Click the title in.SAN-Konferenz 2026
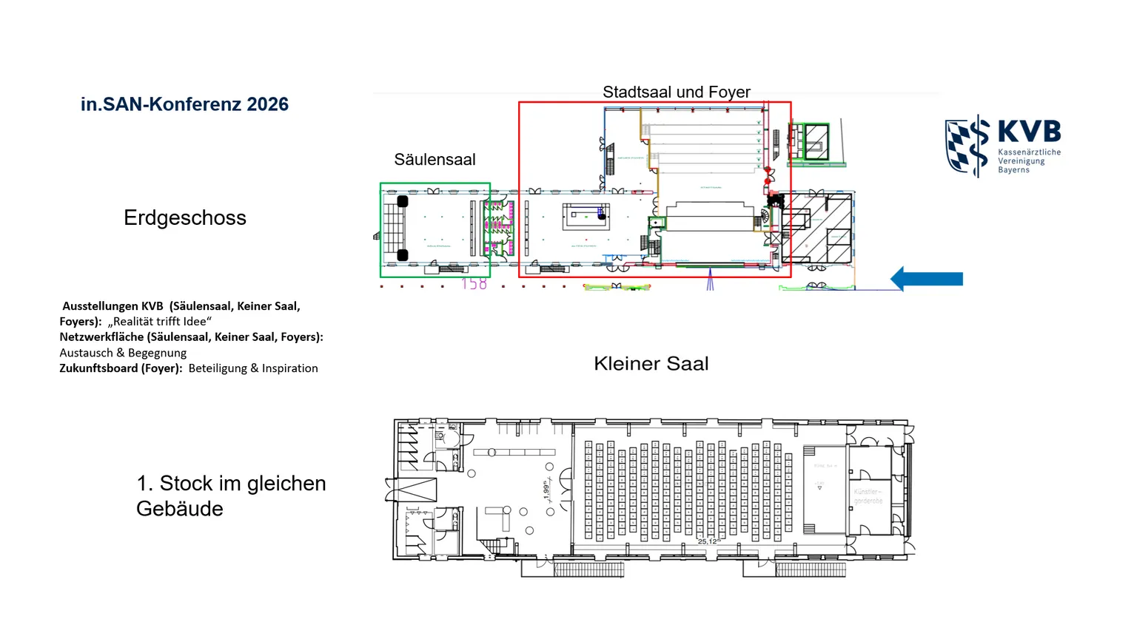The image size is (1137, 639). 184,104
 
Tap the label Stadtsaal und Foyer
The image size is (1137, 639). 676,92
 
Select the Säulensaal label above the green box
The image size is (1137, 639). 435,160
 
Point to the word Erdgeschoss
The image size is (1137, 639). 185,218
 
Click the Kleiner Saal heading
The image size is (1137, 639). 651,364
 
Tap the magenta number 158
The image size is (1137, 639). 474,284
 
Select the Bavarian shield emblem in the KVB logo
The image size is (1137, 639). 967,146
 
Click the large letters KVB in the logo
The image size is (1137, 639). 1029,132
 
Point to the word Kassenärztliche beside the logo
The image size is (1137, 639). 1029,152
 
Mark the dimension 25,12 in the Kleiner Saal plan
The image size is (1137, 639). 708,541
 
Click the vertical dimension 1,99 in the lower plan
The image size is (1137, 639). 547,490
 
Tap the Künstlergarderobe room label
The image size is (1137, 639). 868,496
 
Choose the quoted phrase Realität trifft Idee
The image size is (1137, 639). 159,322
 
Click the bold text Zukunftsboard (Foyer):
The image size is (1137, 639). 121,368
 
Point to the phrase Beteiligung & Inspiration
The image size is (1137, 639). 253,368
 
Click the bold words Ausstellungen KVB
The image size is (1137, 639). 113,306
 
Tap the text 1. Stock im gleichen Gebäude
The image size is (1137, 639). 230,496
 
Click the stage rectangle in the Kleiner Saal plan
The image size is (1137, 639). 825,489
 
